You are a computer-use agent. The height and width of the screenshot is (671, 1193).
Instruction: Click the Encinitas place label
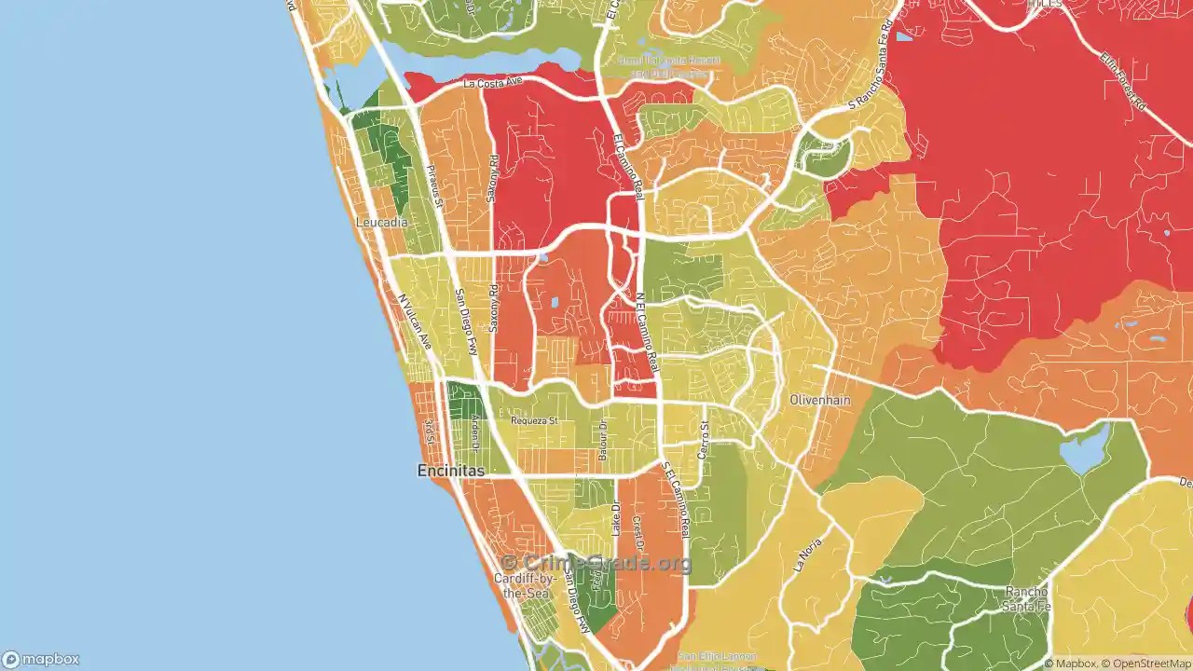click(450, 472)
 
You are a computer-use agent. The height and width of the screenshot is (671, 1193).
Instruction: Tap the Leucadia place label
click(381, 224)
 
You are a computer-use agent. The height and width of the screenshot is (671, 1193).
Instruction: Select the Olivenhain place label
click(820, 400)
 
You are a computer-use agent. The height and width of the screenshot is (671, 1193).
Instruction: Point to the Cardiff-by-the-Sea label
click(525, 585)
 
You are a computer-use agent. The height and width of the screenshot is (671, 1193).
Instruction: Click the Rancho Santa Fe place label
click(1026, 598)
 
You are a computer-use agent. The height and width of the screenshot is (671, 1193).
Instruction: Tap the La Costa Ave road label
click(493, 83)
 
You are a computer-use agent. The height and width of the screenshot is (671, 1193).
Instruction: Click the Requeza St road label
click(534, 420)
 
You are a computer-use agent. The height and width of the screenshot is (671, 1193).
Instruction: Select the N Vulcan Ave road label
click(416, 322)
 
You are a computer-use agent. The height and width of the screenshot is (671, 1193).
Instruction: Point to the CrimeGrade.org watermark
click(596, 563)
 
